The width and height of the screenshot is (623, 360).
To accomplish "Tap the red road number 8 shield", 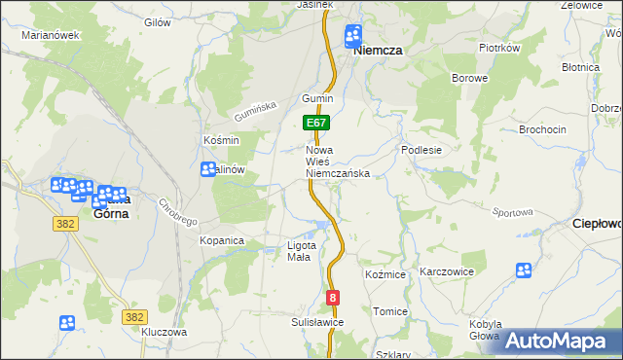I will click(x=334, y=298).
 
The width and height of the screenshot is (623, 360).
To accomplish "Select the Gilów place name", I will click(x=158, y=22).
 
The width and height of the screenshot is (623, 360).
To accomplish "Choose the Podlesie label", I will click(x=422, y=151).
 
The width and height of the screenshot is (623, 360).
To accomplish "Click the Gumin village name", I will click(x=317, y=99).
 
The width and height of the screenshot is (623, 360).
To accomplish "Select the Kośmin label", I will click(x=221, y=140).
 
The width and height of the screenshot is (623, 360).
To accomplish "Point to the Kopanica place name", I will click(x=221, y=239).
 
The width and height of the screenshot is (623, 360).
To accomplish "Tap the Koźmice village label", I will click(x=385, y=275).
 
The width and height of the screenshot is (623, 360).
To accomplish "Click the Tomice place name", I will click(x=389, y=311).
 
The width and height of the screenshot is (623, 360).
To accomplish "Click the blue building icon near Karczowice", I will click(x=524, y=270).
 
